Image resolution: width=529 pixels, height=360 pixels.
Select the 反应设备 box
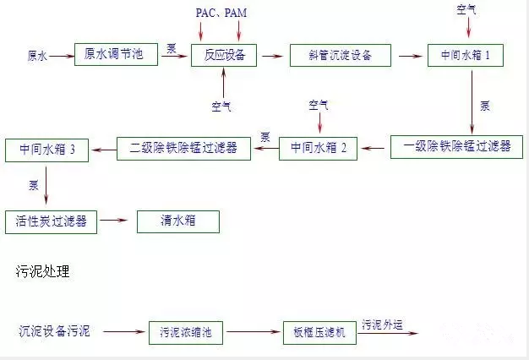point(222,56)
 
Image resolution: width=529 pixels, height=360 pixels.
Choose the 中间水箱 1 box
point(471,56)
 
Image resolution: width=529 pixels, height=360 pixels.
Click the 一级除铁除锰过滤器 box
point(457,146)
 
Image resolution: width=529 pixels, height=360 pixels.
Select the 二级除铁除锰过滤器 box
point(183,149)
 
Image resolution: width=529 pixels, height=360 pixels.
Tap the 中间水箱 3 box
point(46,150)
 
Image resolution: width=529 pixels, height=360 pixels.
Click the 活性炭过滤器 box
point(51,221)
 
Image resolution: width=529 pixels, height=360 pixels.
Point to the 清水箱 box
point(177,221)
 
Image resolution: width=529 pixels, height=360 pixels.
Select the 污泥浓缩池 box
point(186,332)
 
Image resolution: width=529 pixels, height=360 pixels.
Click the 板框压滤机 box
point(319,332)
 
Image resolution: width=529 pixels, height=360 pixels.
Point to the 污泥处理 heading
point(43,271)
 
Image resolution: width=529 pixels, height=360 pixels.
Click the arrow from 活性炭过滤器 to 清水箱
point(116,221)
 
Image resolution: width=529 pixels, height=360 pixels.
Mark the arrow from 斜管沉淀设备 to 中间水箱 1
point(410,56)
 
